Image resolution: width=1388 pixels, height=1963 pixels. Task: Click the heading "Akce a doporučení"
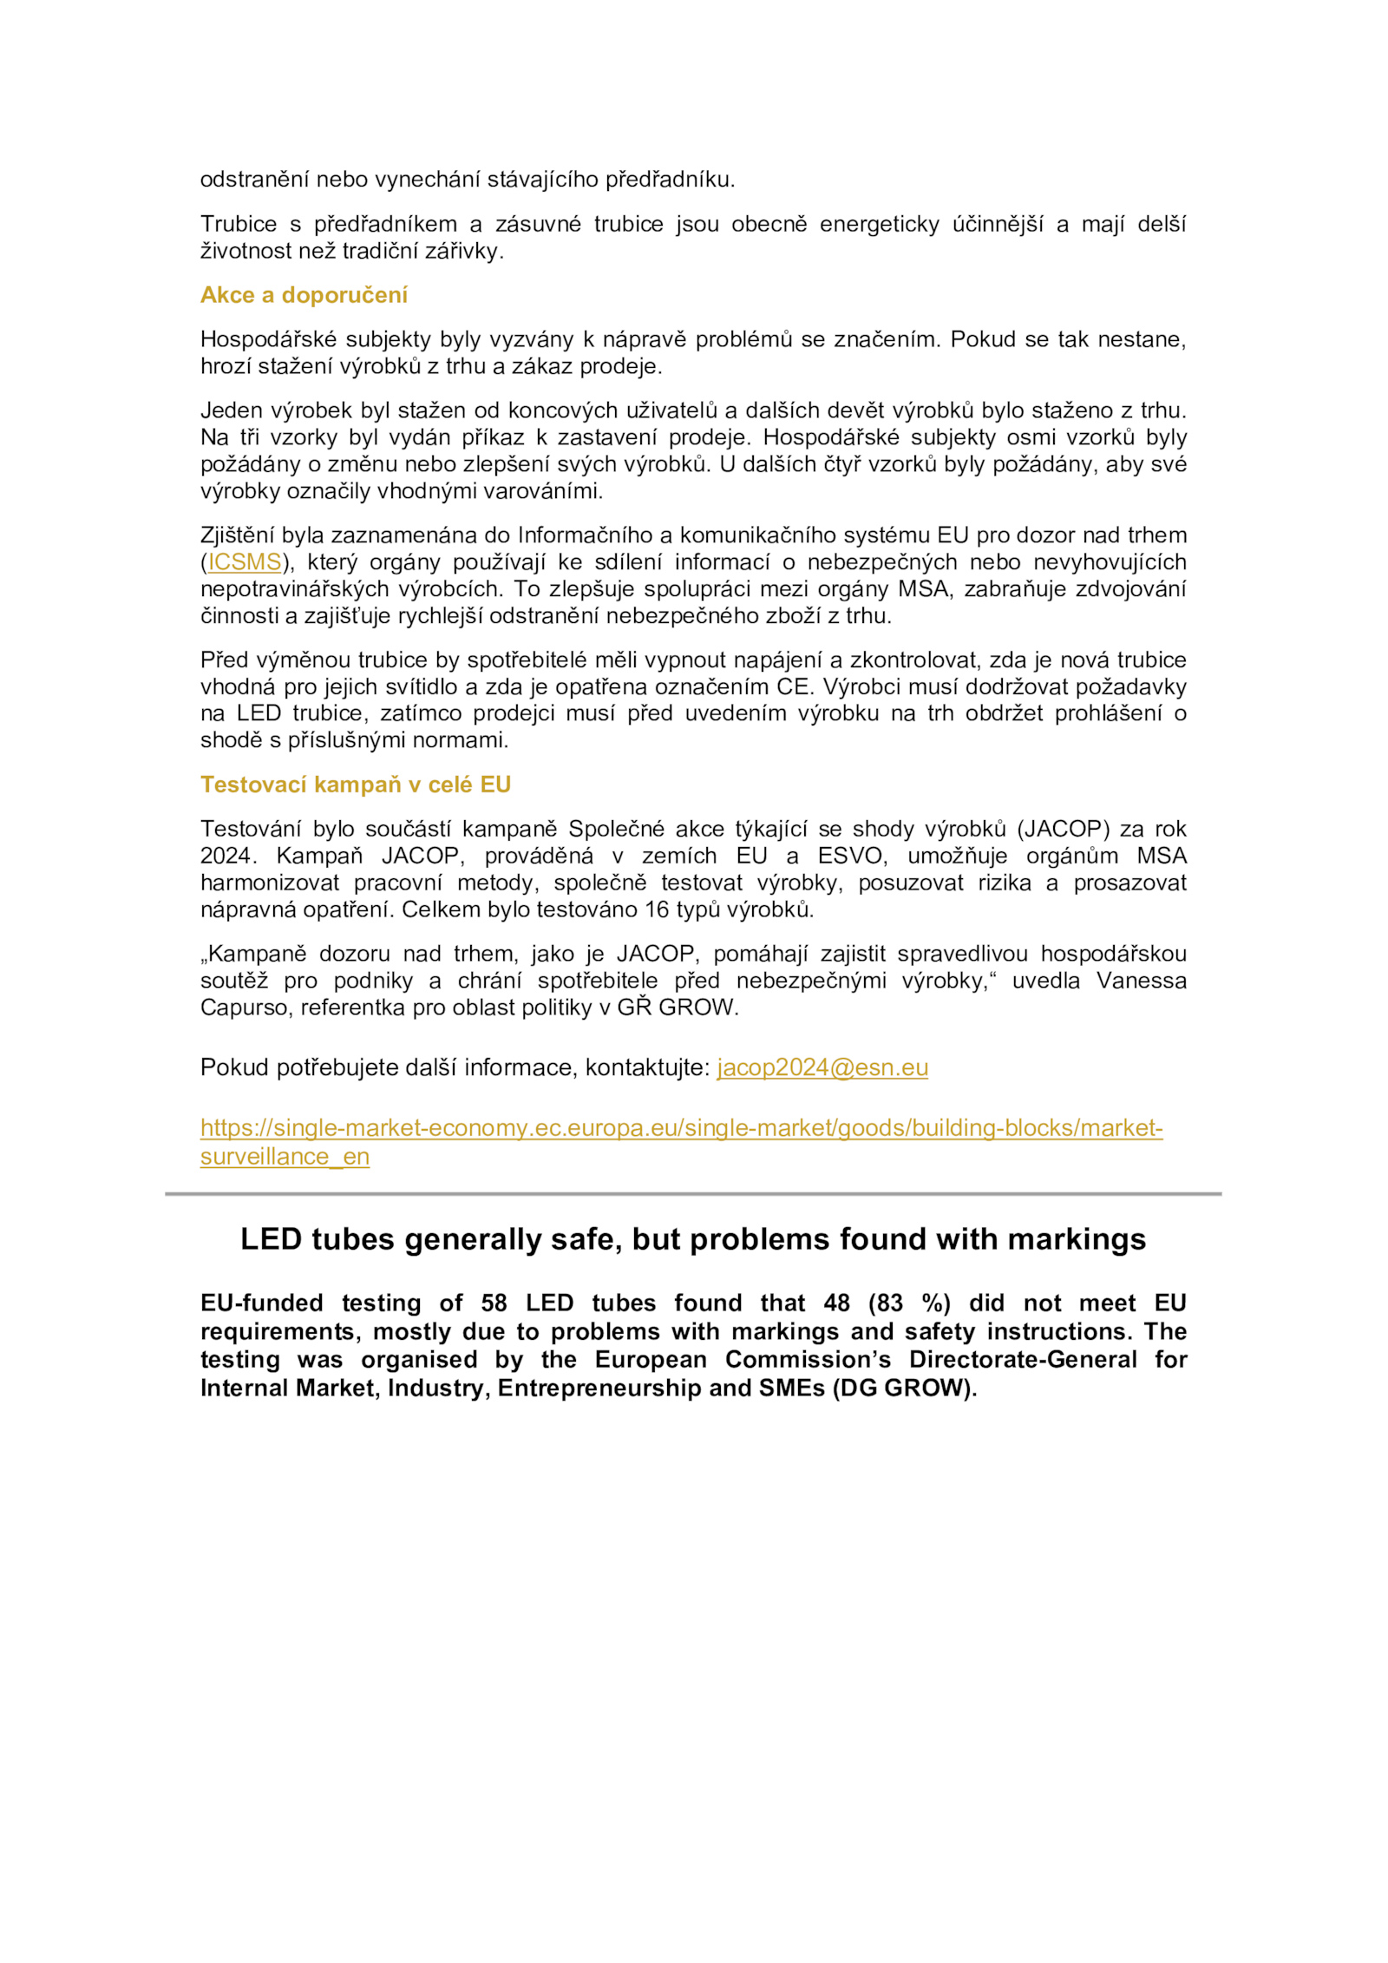(x=304, y=295)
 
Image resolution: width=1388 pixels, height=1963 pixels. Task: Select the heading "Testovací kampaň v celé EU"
(x=356, y=785)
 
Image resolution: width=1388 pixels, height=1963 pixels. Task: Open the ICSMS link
(x=245, y=562)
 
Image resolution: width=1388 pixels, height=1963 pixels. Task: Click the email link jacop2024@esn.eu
(x=822, y=1067)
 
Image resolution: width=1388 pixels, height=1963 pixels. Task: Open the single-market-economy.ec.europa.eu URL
(x=681, y=1128)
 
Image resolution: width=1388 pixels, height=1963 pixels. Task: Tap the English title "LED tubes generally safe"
(x=692, y=1239)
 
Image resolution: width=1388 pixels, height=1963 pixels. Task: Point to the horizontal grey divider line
(x=693, y=1194)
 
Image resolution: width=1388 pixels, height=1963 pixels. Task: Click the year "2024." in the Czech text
(x=228, y=856)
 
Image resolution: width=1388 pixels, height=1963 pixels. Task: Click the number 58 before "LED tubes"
(x=494, y=1303)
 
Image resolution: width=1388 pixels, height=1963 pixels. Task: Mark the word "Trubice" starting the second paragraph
(x=239, y=224)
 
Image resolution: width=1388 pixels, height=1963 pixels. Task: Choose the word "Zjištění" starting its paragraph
(x=237, y=535)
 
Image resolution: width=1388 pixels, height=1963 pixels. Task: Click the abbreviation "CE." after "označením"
(x=793, y=687)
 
